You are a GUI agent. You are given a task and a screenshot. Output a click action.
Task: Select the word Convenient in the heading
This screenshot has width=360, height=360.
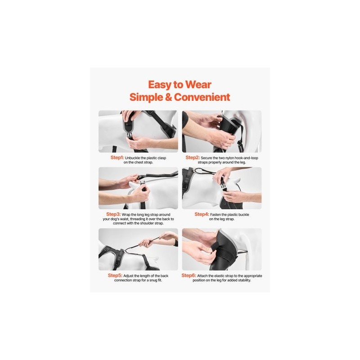202,97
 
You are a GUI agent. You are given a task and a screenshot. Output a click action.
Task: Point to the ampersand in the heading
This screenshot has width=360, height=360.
168,97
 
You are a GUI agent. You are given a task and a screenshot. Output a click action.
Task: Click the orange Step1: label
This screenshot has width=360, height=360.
117,157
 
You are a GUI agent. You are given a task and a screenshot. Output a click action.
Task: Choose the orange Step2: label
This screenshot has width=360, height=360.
193,157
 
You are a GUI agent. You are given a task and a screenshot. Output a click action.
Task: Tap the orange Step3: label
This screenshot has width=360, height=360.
113,214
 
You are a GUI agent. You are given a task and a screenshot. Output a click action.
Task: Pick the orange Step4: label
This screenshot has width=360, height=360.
202,214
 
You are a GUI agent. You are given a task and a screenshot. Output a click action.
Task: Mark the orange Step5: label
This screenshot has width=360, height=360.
115,275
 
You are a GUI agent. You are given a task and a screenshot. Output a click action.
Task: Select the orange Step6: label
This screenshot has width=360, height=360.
189,275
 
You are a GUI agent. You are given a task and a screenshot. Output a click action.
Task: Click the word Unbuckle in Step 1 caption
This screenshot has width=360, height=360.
132,158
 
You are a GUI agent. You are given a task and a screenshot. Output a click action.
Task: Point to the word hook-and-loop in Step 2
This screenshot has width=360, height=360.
243,158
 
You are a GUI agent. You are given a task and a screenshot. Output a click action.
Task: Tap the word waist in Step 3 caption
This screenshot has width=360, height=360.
124,219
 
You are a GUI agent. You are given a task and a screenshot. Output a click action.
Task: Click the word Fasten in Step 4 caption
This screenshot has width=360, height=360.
216,215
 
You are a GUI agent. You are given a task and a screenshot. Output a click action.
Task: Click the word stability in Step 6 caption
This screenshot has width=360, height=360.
243,280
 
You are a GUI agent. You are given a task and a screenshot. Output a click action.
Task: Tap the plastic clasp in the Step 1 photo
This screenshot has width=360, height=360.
129,136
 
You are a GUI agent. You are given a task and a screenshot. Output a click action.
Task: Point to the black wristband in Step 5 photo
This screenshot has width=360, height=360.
175,243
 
